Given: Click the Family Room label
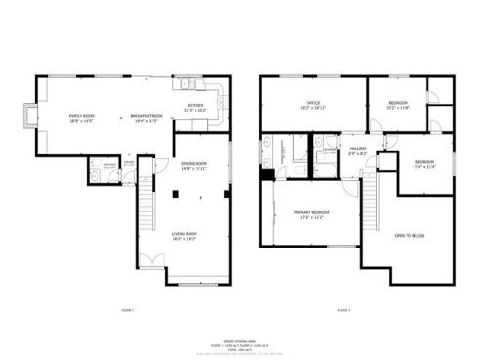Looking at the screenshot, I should (x=81, y=117).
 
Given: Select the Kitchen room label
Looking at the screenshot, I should (x=196, y=109).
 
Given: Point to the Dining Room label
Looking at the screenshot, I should (x=194, y=165).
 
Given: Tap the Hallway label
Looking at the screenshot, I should (x=357, y=151).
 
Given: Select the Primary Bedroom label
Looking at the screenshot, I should (x=314, y=213).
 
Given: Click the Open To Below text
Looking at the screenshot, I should (x=409, y=236).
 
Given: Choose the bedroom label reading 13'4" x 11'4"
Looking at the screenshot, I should (x=423, y=163).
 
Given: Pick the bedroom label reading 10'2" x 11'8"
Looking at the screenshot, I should (x=397, y=105).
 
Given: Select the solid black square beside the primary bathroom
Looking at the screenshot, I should (x=266, y=175).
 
